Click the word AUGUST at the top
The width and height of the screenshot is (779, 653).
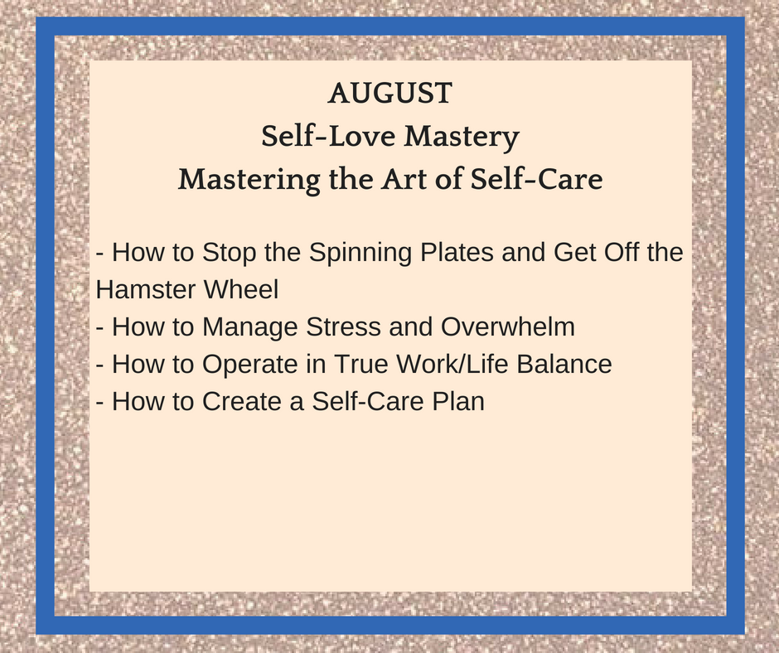pos(390,93)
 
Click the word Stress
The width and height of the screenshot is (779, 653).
pos(343,326)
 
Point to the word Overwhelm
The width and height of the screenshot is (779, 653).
pos(508,326)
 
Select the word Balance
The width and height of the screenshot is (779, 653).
pos(564,364)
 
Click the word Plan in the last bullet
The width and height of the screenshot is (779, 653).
pos(458,401)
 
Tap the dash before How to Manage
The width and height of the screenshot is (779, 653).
pos(99,328)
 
